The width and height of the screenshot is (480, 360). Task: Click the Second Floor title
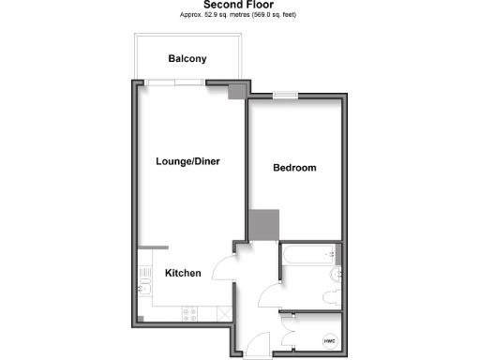point(239,5)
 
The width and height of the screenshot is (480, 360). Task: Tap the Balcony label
point(187,59)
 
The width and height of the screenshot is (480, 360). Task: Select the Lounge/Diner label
point(187,161)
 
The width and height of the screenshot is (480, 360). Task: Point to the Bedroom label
point(294,169)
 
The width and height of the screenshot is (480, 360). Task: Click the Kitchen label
point(183,274)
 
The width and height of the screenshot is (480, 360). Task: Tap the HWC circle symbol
point(329,340)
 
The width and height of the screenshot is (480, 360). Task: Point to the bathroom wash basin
point(337,275)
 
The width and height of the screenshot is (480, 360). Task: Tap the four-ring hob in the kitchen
point(190,313)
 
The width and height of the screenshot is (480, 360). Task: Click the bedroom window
point(285,94)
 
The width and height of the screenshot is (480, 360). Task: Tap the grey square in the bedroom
point(263,226)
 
